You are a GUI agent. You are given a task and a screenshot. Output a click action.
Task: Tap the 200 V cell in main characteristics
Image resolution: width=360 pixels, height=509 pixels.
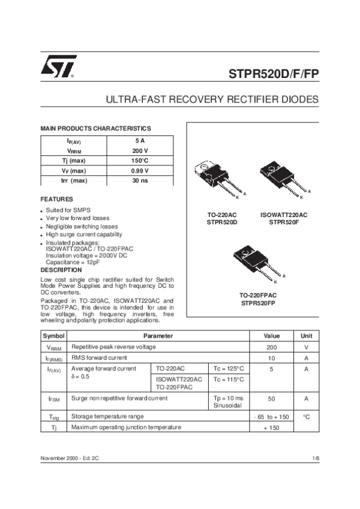click(140, 150)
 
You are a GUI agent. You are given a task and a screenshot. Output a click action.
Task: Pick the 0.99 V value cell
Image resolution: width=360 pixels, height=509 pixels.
click(140, 170)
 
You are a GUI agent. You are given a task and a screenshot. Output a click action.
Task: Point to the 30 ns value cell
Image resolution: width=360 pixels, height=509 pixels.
click(140, 180)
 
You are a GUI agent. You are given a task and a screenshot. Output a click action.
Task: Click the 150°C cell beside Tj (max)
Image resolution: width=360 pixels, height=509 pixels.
click(140, 161)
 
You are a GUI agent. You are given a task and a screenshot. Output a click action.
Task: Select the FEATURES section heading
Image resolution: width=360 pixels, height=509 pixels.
click(56, 198)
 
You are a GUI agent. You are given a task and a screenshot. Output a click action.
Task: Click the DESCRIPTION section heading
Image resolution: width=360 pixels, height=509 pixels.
click(61, 270)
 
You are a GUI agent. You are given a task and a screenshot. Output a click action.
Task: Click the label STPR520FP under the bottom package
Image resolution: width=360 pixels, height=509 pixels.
click(258, 303)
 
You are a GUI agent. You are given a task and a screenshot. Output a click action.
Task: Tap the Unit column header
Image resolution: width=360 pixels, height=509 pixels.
click(306, 336)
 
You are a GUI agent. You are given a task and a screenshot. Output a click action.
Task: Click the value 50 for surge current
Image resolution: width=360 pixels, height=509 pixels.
click(271, 398)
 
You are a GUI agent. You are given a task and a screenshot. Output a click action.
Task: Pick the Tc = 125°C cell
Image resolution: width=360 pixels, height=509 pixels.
click(229, 368)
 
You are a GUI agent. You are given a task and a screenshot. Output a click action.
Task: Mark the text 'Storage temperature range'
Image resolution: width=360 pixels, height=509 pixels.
click(107, 416)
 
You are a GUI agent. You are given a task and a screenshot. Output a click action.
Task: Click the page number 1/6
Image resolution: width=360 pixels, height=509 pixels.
click(316, 458)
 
